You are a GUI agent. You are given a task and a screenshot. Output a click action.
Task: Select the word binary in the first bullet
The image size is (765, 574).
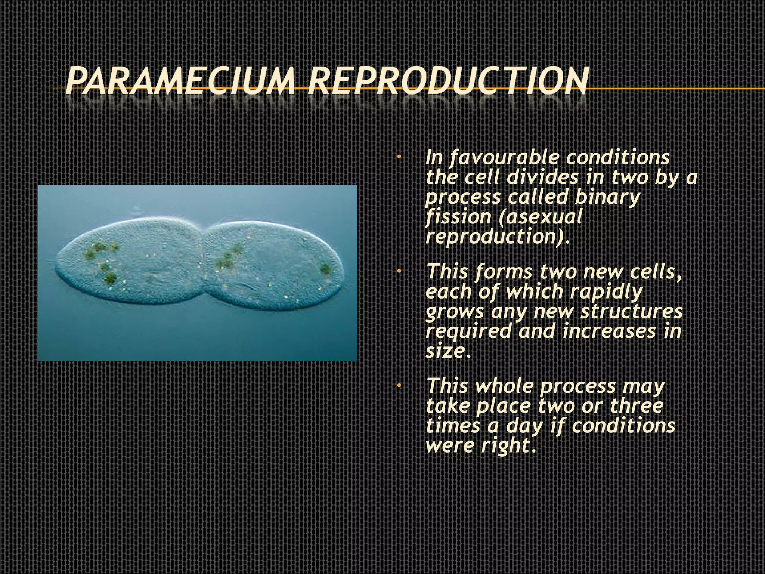pos(607,197)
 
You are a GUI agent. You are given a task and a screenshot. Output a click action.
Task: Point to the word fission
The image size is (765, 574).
pos(458,217)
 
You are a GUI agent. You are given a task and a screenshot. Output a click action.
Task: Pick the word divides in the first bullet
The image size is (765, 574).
pos(542,177)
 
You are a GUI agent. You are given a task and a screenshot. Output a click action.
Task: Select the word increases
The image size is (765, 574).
pos(609,331)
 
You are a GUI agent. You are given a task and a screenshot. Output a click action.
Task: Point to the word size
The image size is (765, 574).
pos(444,351)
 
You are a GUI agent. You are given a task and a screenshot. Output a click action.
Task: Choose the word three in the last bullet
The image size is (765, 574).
pos(637,406)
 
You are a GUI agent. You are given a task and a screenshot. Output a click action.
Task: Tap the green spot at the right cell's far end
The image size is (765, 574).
pos(325,269)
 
